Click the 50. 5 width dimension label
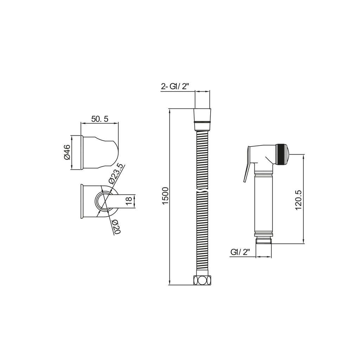[x=99, y=119]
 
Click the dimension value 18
[x=129, y=201]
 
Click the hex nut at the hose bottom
[x=202, y=280]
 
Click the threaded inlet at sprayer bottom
[x=264, y=240]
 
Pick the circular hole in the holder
[x=102, y=202]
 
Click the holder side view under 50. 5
[x=100, y=152]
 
